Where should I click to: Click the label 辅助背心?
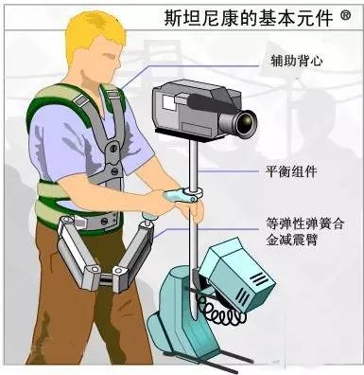pyautogui.click(x=297, y=61)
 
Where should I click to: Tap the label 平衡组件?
pyautogui.click(x=291, y=171)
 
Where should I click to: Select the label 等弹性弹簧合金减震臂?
pyautogui.click(x=304, y=232)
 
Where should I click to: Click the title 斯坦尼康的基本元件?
pyautogui.click(x=249, y=17)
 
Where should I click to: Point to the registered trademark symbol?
pyautogui.click(x=345, y=15)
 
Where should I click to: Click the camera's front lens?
pyautogui.click(x=245, y=121)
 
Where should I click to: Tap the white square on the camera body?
pyautogui.click(x=169, y=102)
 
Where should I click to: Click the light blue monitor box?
pyautogui.click(x=237, y=275)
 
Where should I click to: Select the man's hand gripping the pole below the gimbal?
pyautogui.click(x=192, y=210)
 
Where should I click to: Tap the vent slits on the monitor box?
pyautogui.click(x=250, y=287)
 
